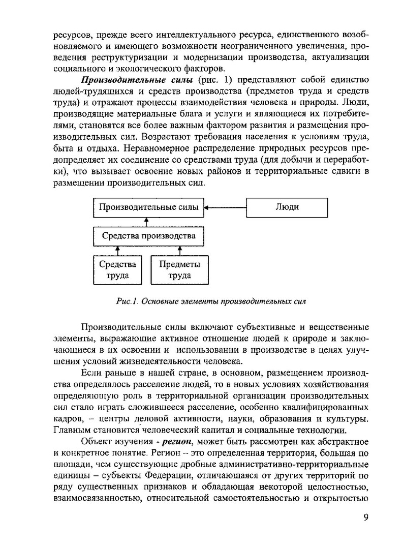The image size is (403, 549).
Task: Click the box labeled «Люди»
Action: coord(287,207)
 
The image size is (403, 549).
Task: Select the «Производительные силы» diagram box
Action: coord(146,207)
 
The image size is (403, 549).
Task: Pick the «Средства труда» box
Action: coord(117,270)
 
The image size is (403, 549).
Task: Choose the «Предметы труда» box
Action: coord(179,270)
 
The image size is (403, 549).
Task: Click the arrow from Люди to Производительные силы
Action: coord(227,207)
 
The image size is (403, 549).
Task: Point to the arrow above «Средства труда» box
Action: coord(117,250)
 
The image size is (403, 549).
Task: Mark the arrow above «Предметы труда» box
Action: coord(179,250)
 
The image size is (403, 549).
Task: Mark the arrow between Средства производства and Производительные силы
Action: coord(146,221)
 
